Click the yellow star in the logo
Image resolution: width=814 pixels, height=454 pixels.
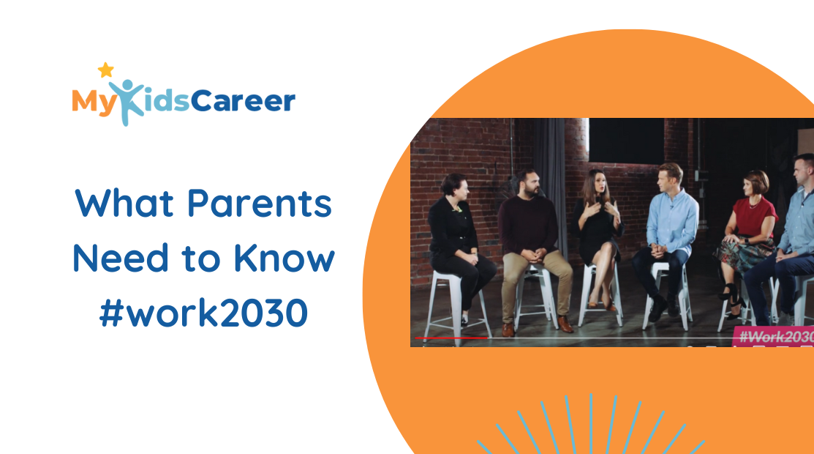[x=105, y=70]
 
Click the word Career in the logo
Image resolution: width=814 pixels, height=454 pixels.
[x=243, y=101]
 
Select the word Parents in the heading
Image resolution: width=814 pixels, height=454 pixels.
[x=259, y=204]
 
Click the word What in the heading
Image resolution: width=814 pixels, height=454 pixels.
[x=124, y=203]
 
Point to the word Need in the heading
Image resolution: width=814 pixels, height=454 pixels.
[x=121, y=258]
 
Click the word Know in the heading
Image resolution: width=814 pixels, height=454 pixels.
[x=284, y=258]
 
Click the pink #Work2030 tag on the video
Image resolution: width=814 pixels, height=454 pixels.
[x=773, y=336]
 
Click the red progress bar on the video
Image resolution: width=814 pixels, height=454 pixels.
[x=451, y=338]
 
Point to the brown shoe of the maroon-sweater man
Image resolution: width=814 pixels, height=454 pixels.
[x=565, y=324]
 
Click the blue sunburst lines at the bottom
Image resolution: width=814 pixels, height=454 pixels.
[x=591, y=425]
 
